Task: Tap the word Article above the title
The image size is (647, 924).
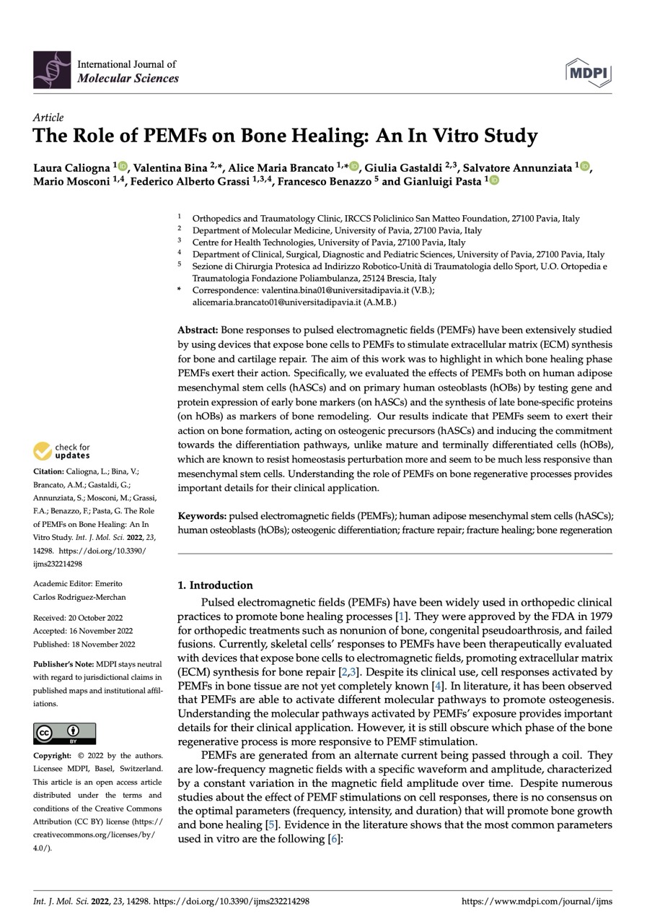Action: pyautogui.click(x=48, y=117)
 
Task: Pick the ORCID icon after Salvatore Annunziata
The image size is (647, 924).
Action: pyautogui.click(x=584, y=167)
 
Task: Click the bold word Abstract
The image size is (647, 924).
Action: pyautogui.click(x=198, y=328)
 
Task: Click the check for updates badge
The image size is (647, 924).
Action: pyautogui.click(x=62, y=451)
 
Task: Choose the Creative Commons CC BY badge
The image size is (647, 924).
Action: pyautogui.click(x=64, y=733)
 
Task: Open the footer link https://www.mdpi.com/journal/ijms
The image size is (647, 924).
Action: pyautogui.click(x=537, y=902)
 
